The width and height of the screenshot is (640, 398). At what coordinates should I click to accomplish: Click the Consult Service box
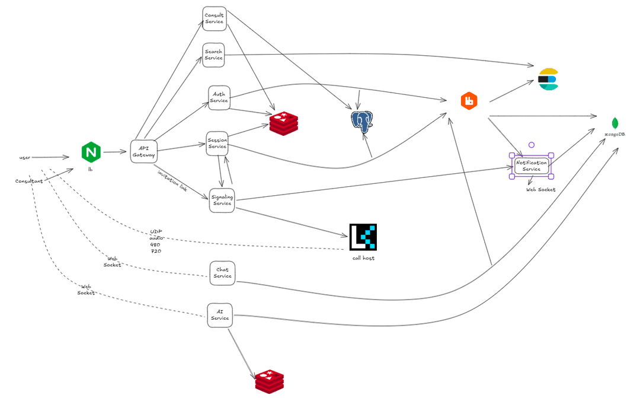tap(215, 18)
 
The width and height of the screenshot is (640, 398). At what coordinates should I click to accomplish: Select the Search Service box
tap(213, 55)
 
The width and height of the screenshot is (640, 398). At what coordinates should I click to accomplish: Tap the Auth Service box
tap(219, 97)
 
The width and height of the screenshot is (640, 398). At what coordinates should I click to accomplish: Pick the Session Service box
tap(217, 144)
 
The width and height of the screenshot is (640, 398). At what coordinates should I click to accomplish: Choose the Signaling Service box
tap(222, 200)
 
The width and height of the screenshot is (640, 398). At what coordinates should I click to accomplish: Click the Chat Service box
tap(222, 273)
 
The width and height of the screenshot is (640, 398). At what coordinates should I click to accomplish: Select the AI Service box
tap(220, 315)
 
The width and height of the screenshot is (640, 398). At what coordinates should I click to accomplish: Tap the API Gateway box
tap(143, 152)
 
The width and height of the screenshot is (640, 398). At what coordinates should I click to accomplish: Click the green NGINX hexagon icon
tap(91, 152)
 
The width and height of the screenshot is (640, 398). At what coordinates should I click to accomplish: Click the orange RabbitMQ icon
tap(469, 101)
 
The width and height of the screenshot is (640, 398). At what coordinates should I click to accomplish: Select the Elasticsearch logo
tap(548, 79)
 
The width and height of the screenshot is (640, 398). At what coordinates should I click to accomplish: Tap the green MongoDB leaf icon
tap(615, 123)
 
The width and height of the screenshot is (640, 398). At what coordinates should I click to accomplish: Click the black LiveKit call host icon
tap(363, 237)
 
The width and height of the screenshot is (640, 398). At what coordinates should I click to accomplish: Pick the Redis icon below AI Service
tap(270, 381)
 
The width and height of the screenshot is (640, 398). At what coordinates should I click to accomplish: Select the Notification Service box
tap(532, 166)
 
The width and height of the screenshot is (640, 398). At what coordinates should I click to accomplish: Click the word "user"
tap(25, 157)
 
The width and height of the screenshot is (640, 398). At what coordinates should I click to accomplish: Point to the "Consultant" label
tap(29, 181)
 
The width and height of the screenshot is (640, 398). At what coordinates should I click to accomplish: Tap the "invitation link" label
tap(172, 181)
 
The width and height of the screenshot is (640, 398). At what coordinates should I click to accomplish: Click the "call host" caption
tap(363, 258)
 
